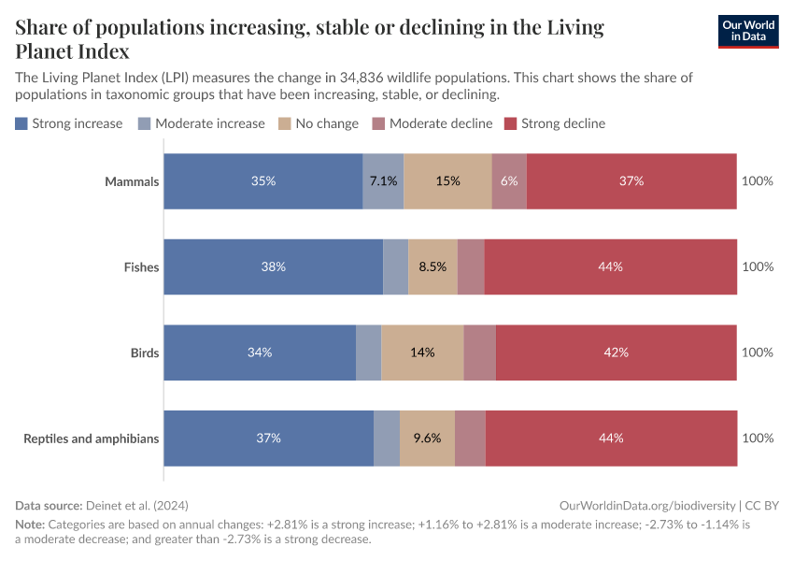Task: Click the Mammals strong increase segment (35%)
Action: (263, 181)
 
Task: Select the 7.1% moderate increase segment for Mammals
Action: (383, 181)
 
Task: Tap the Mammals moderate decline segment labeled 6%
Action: (509, 181)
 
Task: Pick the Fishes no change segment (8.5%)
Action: (432, 266)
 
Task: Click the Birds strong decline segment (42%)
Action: (616, 352)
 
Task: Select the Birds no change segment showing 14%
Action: (422, 352)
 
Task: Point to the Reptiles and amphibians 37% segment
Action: (269, 438)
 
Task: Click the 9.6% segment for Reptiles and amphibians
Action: (427, 438)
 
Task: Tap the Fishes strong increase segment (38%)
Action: (274, 266)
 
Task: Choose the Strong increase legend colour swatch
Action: (21, 123)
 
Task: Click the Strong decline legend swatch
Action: (511, 123)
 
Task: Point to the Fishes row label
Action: (141, 266)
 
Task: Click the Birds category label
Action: (145, 352)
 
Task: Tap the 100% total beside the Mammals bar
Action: (757, 181)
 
